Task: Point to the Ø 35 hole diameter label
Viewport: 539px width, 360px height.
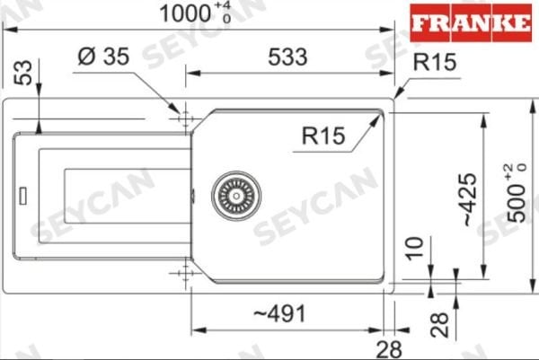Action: point(104,57)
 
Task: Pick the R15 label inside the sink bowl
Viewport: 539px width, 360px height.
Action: point(324,136)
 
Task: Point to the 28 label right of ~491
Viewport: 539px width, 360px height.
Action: point(389,347)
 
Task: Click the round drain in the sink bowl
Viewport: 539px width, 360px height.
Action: point(236,193)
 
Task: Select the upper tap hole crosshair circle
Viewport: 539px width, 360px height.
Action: point(183,119)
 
